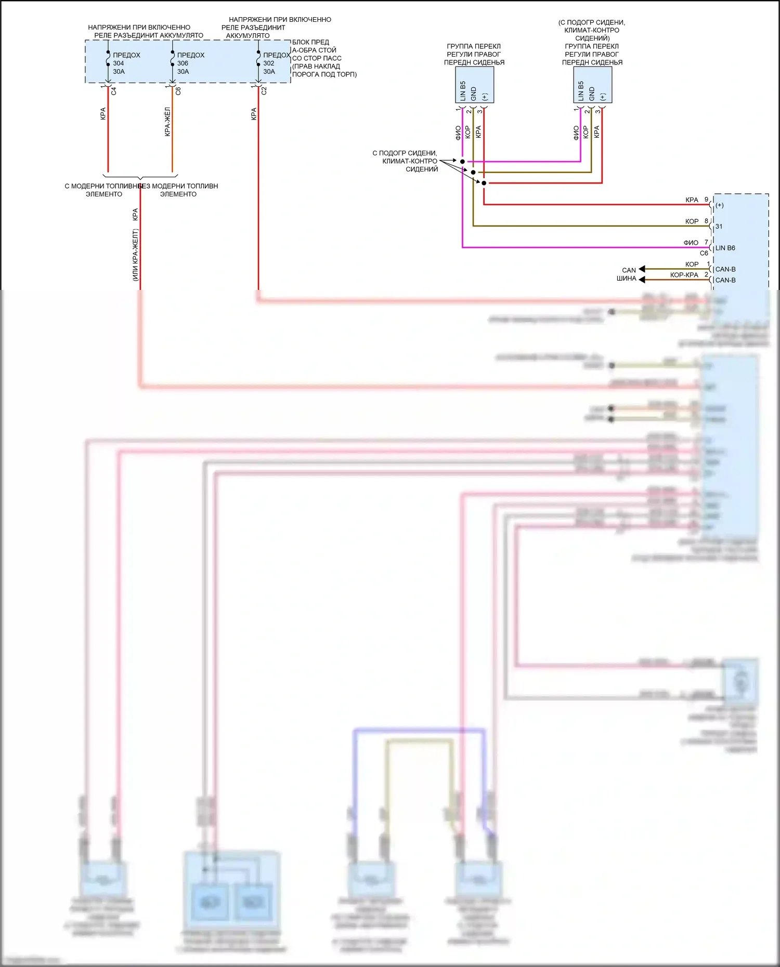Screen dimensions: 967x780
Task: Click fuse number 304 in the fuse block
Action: pos(119,63)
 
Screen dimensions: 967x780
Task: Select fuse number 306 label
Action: pos(183,63)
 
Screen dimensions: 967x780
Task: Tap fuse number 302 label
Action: pos(269,63)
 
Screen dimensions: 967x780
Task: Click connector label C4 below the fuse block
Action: pos(114,91)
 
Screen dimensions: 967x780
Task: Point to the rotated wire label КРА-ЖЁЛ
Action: pos(167,122)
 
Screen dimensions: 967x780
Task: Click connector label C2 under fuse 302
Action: pos(264,91)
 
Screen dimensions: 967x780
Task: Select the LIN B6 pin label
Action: pos(725,248)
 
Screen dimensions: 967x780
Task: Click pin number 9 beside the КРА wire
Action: pos(706,200)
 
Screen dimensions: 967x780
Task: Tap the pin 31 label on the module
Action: pos(719,227)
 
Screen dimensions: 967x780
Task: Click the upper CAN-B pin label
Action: pos(725,269)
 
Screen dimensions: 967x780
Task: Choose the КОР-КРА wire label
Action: pos(684,275)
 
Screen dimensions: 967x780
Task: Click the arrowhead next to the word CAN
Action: pos(642,269)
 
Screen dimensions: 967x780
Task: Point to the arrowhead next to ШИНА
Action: pos(642,280)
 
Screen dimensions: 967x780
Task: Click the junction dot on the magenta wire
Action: pos(462,162)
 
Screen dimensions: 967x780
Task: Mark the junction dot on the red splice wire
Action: pos(484,183)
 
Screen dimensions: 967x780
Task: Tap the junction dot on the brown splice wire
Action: pos(473,172)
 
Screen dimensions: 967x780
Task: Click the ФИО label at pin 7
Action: pos(691,243)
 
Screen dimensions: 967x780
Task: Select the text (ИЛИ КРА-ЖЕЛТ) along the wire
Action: pos(135,255)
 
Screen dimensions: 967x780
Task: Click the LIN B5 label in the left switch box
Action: pos(463,91)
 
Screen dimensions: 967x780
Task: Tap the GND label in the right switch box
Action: pos(592,94)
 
